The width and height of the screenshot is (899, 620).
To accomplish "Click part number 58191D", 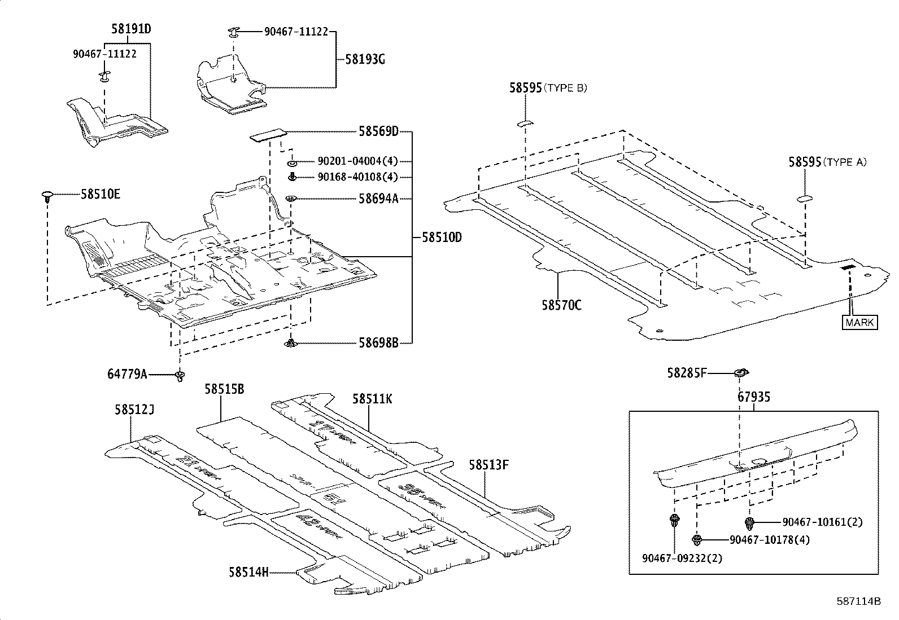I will (130, 29).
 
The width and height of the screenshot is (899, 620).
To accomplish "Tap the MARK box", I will (860, 322).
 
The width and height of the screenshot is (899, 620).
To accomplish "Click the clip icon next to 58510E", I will (48, 196).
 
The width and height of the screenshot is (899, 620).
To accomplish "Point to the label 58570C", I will (561, 305).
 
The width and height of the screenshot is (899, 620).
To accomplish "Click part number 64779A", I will (127, 373).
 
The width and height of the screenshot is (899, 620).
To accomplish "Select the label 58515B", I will (224, 389).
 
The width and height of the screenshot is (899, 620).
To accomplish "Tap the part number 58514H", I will (248, 572).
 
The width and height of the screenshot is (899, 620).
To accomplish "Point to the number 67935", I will (753, 397).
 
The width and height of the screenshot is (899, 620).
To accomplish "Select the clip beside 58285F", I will (740, 372).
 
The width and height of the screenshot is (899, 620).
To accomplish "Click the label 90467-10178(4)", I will (770, 539).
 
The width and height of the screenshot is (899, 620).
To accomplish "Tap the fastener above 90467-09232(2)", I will (674, 520).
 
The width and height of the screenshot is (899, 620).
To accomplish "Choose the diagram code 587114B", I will (858, 601).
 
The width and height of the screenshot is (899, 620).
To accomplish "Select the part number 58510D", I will (442, 238).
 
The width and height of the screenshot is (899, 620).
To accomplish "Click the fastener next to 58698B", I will (291, 342).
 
